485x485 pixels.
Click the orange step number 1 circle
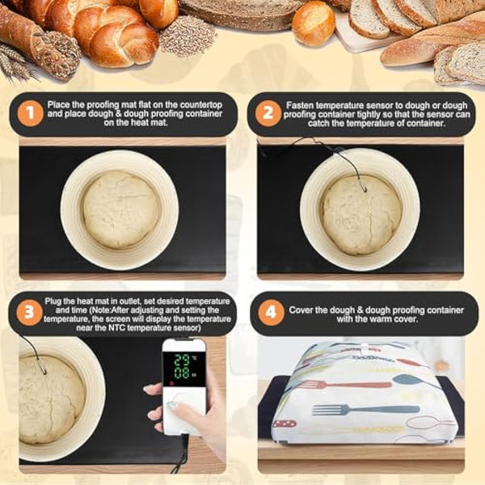point(30,113)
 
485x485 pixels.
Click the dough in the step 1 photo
point(121,209)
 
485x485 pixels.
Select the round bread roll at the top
point(313,23)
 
